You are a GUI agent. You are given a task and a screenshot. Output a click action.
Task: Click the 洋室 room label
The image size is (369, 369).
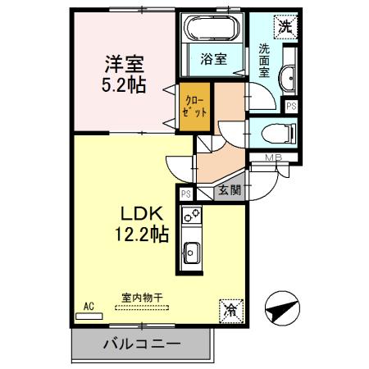(124, 62)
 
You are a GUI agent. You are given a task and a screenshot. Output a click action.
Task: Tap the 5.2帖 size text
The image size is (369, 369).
(124, 84)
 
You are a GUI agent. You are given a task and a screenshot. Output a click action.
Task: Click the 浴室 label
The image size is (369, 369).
(214, 59)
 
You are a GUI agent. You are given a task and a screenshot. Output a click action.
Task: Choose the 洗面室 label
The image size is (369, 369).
(265, 59)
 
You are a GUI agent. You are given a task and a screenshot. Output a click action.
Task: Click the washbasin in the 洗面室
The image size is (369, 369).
(289, 79)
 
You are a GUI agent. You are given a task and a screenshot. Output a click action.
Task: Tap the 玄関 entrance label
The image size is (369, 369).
(229, 191)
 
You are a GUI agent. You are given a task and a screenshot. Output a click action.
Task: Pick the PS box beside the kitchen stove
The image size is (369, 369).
(186, 194)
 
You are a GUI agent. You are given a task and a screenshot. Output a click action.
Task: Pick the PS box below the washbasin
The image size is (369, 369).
(290, 106)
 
